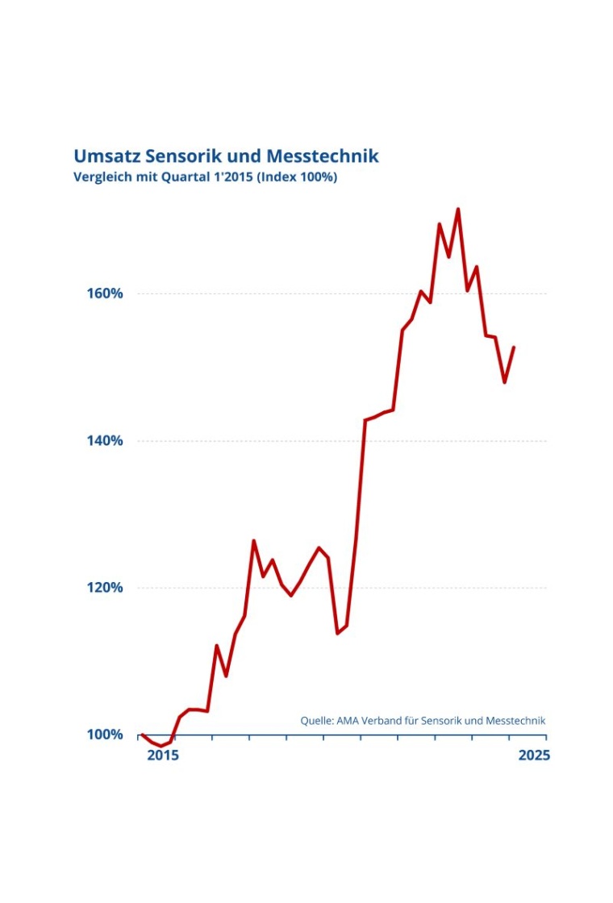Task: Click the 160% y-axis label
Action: point(105,293)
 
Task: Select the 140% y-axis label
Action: point(105,441)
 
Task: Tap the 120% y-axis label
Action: point(105,588)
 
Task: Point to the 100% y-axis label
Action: point(105,734)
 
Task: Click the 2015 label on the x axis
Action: point(163,755)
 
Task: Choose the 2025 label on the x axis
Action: point(534,755)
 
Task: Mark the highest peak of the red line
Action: point(458,210)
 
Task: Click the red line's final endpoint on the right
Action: point(514,347)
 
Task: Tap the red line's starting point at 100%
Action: point(142,734)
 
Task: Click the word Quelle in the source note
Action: point(316,720)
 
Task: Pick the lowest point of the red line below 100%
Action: point(161,746)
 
